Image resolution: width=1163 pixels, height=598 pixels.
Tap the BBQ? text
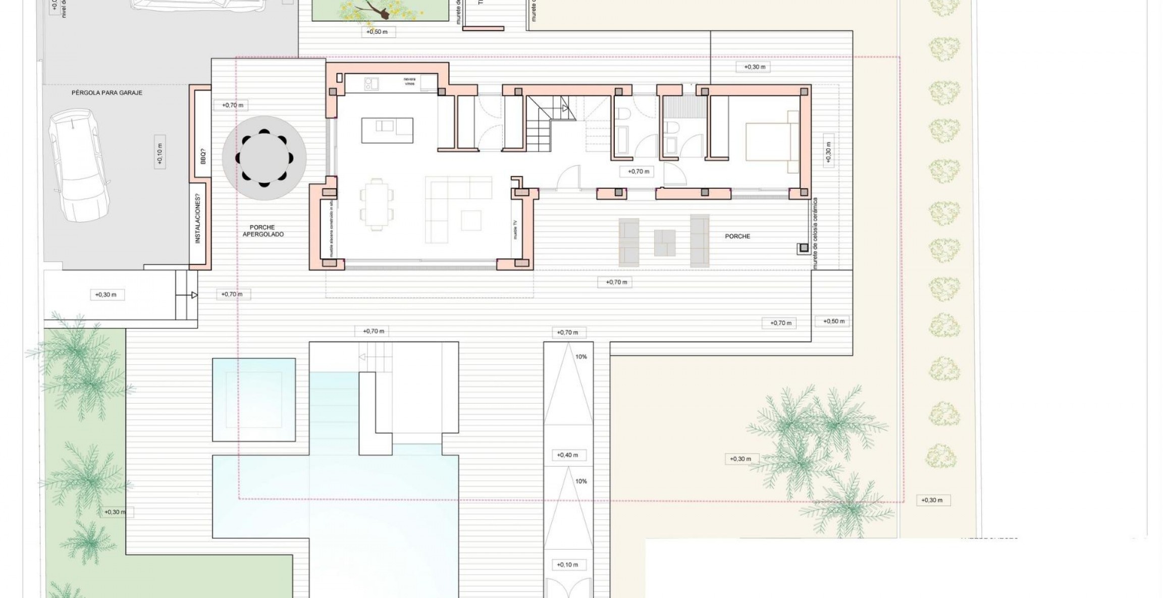tap(203, 155)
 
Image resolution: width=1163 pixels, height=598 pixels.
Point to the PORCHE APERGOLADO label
tap(263, 231)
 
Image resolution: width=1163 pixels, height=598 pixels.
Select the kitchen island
tap(387, 130)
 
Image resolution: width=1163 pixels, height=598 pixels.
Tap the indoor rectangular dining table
tap(376, 204)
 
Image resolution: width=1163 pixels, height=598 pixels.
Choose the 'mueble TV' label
tap(515, 230)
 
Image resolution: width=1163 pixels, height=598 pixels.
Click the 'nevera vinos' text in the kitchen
tap(409, 81)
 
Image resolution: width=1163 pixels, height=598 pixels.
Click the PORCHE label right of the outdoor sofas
tap(737, 236)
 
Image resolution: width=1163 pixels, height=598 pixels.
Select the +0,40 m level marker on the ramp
tap(567, 455)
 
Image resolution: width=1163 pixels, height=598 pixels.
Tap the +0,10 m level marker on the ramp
tap(567, 565)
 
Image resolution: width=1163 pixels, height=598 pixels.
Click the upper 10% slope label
tap(581, 357)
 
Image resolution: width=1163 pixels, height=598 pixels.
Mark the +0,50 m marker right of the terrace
tap(833, 321)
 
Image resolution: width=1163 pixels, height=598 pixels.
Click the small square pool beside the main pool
tap(254, 399)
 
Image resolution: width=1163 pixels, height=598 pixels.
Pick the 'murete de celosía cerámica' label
tap(815, 233)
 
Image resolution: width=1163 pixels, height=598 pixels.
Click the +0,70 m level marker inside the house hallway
tap(638, 172)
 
